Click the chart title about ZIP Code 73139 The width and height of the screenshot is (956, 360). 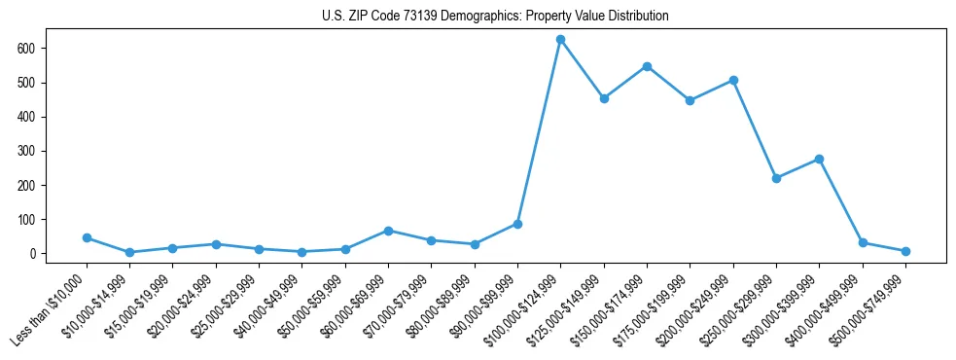pyautogui.click(x=495, y=17)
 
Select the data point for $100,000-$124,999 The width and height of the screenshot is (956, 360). pyautogui.click(x=561, y=40)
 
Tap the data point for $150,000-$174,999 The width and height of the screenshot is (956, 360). pyautogui.click(x=647, y=66)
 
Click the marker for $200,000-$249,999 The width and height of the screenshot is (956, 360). pyautogui.click(x=733, y=80)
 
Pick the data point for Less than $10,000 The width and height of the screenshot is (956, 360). pyautogui.click(x=88, y=237)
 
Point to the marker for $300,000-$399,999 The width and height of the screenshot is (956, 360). pyautogui.click(x=819, y=159)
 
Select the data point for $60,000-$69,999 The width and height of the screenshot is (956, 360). pyautogui.click(x=389, y=231)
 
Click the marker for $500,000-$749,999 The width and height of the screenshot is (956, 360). pyautogui.click(x=905, y=251)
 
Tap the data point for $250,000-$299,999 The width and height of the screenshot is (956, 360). pyautogui.click(x=776, y=178)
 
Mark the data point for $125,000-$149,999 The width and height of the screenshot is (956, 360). pyautogui.click(x=604, y=98)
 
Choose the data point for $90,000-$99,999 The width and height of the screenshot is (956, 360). pyautogui.click(x=517, y=224)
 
